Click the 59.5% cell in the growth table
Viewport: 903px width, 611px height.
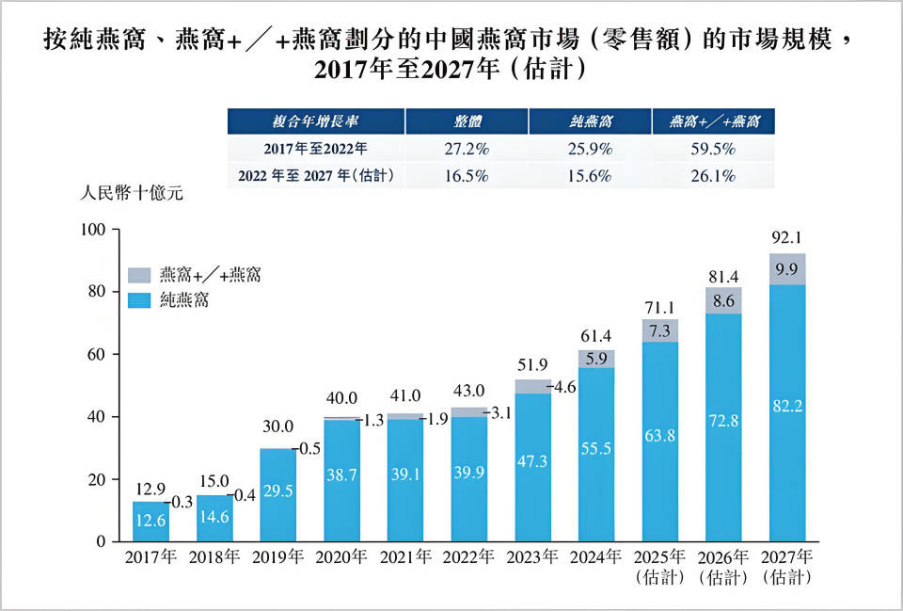point(712,148)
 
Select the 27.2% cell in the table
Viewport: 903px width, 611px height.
point(466,148)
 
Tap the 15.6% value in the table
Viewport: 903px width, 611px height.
point(590,175)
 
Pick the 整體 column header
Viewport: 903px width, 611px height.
point(466,121)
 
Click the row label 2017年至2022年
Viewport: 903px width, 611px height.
point(315,148)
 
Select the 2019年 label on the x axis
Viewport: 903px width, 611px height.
point(281,556)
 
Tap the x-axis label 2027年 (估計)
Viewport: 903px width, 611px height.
point(787,565)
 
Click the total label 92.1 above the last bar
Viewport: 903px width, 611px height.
point(787,237)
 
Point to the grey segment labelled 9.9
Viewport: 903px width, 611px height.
point(787,269)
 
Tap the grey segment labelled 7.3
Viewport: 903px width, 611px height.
point(660,330)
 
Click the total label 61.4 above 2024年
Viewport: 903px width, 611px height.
point(596,335)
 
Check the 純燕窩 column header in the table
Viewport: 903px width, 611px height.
point(590,121)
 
